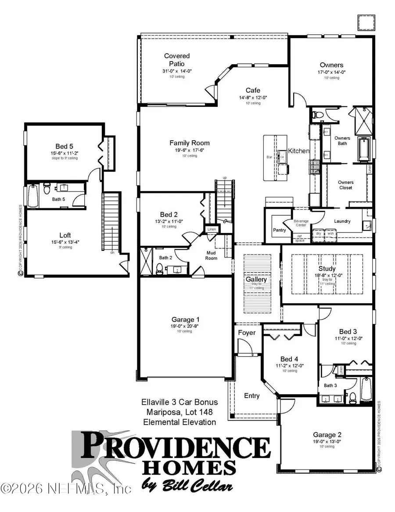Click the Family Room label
(189, 143)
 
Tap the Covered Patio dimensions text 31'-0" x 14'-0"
(177, 71)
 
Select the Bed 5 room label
(64, 146)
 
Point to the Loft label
(65, 235)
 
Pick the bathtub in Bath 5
(33, 196)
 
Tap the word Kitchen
(298, 151)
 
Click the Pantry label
(279, 230)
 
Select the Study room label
(327, 269)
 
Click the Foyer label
(247, 333)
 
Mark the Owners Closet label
(345, 185)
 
